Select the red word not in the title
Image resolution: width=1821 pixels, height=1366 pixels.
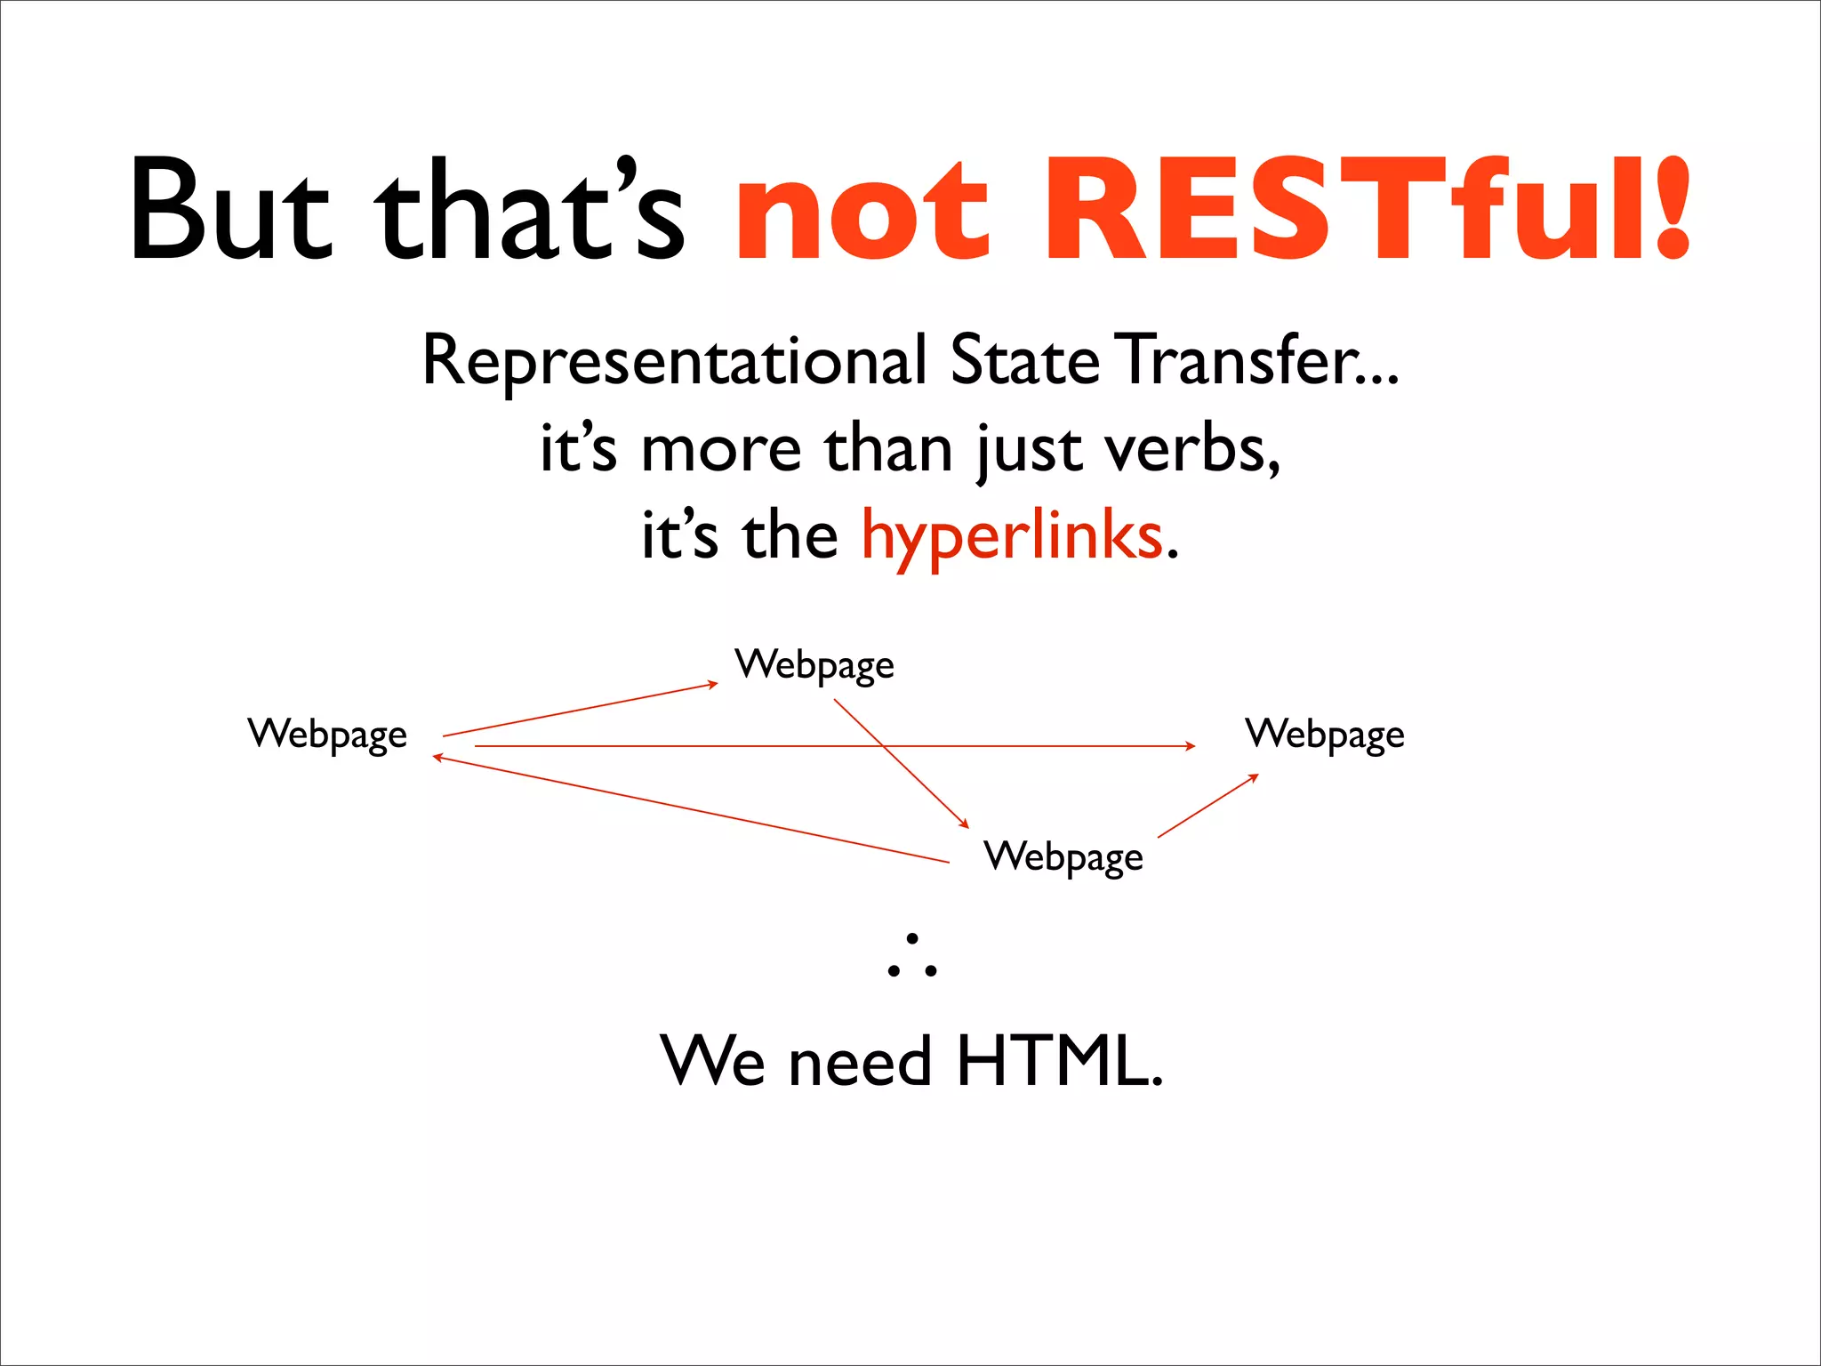click(x=861, y=213)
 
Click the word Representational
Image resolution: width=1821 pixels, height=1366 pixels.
click(x=674, y=361)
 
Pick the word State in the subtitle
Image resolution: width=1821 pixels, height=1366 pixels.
click(x=1024, y=359)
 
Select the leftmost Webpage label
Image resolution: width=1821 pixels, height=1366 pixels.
click(x=327, y=735)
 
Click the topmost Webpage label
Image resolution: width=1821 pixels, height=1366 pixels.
click(x=814, y=665)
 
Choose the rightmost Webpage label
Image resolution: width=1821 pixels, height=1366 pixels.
click(x=1325, y=735)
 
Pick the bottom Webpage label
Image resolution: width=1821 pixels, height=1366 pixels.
click(x=1063, y=857)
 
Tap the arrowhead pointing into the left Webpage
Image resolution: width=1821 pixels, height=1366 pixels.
click(x=437, y=758)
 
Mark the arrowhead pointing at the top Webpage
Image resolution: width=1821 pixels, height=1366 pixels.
click(x=712, y=684)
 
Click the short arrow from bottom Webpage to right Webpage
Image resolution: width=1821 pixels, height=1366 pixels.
click(x=1207, y=806)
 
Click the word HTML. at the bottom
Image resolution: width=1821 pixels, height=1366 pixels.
click(x=1059, y=1061)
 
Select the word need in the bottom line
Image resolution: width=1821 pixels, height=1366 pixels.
click(x=860, y=1063)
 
